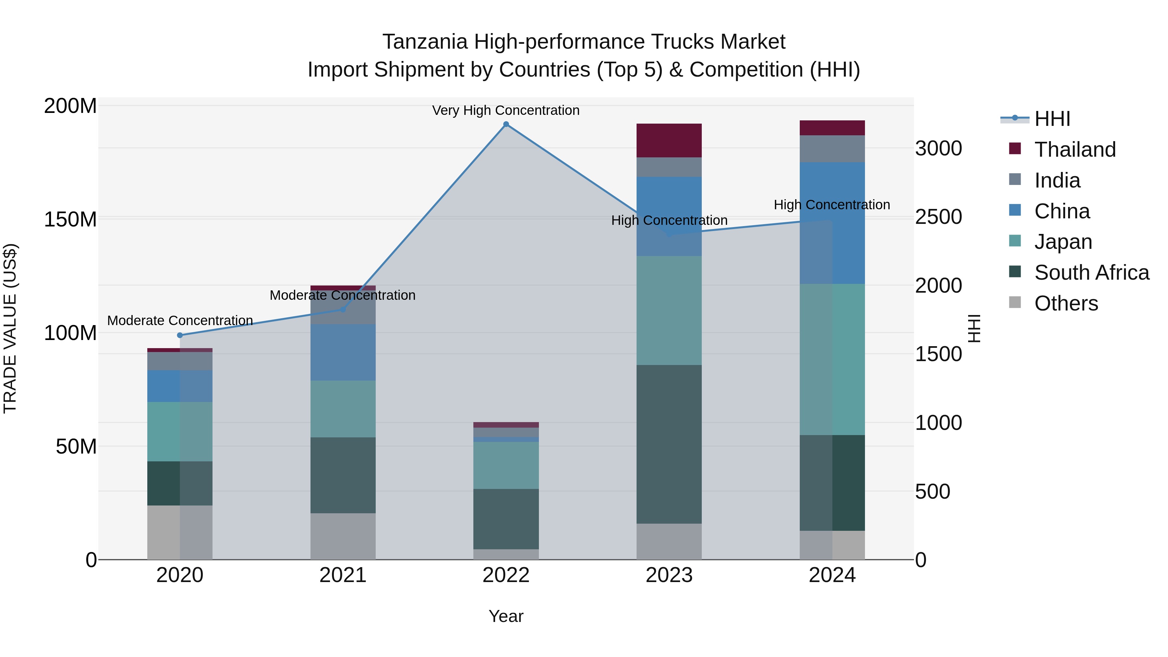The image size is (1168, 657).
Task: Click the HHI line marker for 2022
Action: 506,124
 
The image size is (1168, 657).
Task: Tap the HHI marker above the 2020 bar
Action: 180,335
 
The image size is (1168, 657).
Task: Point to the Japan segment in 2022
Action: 506,465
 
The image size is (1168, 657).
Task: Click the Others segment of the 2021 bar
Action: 343,536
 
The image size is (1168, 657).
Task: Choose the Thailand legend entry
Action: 1075,150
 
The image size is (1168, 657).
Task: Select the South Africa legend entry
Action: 1091,273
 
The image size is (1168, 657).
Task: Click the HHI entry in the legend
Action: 1052,119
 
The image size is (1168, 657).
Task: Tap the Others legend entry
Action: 1065,303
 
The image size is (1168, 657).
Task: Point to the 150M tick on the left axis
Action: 70,219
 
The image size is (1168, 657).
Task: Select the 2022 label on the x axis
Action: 506,575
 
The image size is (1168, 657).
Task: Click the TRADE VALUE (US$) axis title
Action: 10,328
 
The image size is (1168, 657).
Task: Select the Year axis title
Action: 506,616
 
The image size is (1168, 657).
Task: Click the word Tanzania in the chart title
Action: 425,42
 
